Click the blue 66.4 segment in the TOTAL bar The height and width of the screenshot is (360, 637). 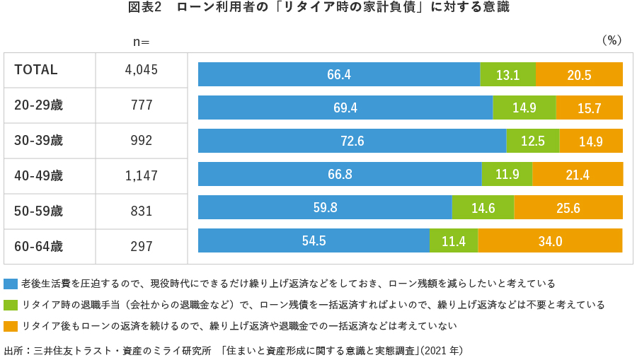[x=338, y=74]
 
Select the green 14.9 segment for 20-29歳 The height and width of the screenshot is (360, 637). [x=524, y=108]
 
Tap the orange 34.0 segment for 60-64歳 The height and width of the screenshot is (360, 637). [x=550, y=240]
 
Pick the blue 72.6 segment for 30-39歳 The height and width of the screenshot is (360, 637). [x=352, y=141]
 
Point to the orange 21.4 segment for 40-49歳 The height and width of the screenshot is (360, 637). [x=577, y=174]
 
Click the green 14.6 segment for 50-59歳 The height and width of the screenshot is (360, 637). [x=483, y=207]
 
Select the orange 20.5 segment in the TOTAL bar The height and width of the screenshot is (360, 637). [x=579, y=74]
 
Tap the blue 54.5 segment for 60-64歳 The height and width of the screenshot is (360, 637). [x=314, y=240]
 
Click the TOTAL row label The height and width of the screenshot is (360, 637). [x=36, y=70]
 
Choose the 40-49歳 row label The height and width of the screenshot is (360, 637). [x=38, y=176]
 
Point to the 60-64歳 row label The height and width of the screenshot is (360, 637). [x=38, y=247]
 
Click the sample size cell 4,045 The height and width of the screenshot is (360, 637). [x=142, y=70]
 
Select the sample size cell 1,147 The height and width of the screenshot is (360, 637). [x=142, y=176]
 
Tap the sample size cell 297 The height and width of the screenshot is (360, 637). [x=142, y=247]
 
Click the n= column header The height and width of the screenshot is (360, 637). [x=142, y=41]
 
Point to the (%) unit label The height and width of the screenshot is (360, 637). [x=611, y=40]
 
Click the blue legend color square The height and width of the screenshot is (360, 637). [x=11, y=284]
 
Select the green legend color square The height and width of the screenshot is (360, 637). [x=11, y=305]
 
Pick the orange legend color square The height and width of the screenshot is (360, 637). [x=11, y=326]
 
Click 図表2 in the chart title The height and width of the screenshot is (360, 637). [x=146, y=8]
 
